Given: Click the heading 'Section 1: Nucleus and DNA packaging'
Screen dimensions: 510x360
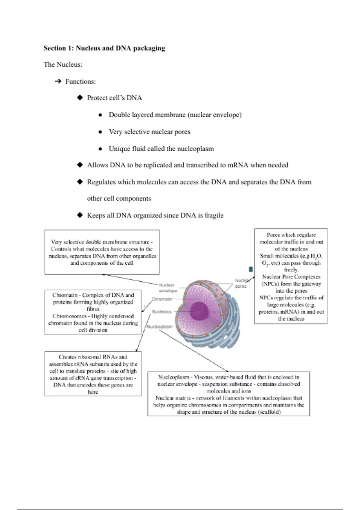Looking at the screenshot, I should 104,48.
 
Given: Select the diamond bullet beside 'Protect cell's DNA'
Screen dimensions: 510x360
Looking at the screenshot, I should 80,97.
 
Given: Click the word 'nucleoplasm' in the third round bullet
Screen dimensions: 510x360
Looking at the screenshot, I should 195,149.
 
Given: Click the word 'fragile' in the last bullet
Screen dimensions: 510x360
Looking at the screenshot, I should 214,215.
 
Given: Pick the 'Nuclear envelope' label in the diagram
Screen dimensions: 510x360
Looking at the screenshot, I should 167,288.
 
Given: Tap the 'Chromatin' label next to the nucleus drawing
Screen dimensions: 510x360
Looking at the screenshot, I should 162,299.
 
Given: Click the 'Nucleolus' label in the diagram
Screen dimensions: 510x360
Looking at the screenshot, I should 162,312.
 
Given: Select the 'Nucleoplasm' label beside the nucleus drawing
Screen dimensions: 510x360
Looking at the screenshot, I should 160,327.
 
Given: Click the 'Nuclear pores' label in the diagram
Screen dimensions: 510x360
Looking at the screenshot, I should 241,283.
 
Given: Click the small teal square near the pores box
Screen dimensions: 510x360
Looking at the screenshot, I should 251,269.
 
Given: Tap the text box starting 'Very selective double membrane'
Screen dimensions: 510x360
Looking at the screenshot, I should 102,252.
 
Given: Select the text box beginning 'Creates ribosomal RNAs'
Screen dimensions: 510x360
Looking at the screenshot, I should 93,374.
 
